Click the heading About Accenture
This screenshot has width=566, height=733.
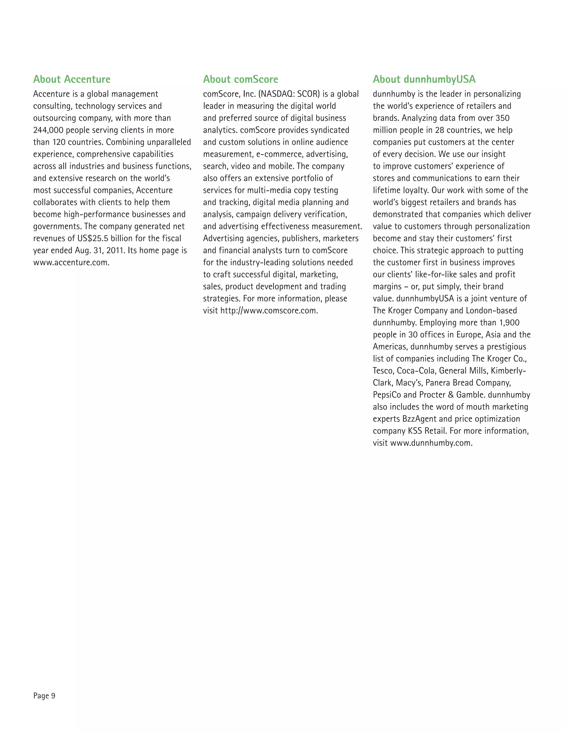click(72, 79)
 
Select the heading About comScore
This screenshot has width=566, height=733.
click(240, 79)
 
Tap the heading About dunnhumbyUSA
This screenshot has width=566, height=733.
click(424, 79)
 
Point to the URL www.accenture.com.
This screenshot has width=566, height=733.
click(71, 262)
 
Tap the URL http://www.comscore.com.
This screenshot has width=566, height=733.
click(269, 310)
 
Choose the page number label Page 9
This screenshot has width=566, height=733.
click(44, 696)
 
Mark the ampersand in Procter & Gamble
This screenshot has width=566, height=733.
click(450, 395)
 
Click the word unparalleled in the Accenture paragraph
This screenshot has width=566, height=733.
click(169, 142)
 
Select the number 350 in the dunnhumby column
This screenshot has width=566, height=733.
click(502, 118)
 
